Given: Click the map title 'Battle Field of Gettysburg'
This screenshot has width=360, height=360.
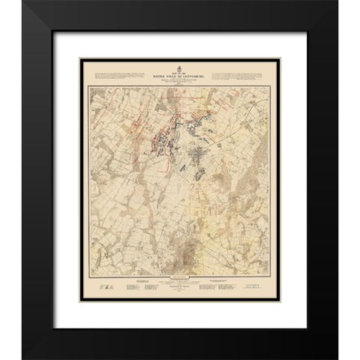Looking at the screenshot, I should pos(180,68).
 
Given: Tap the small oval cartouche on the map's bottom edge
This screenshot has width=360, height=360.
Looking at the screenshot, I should pos(179,274).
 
